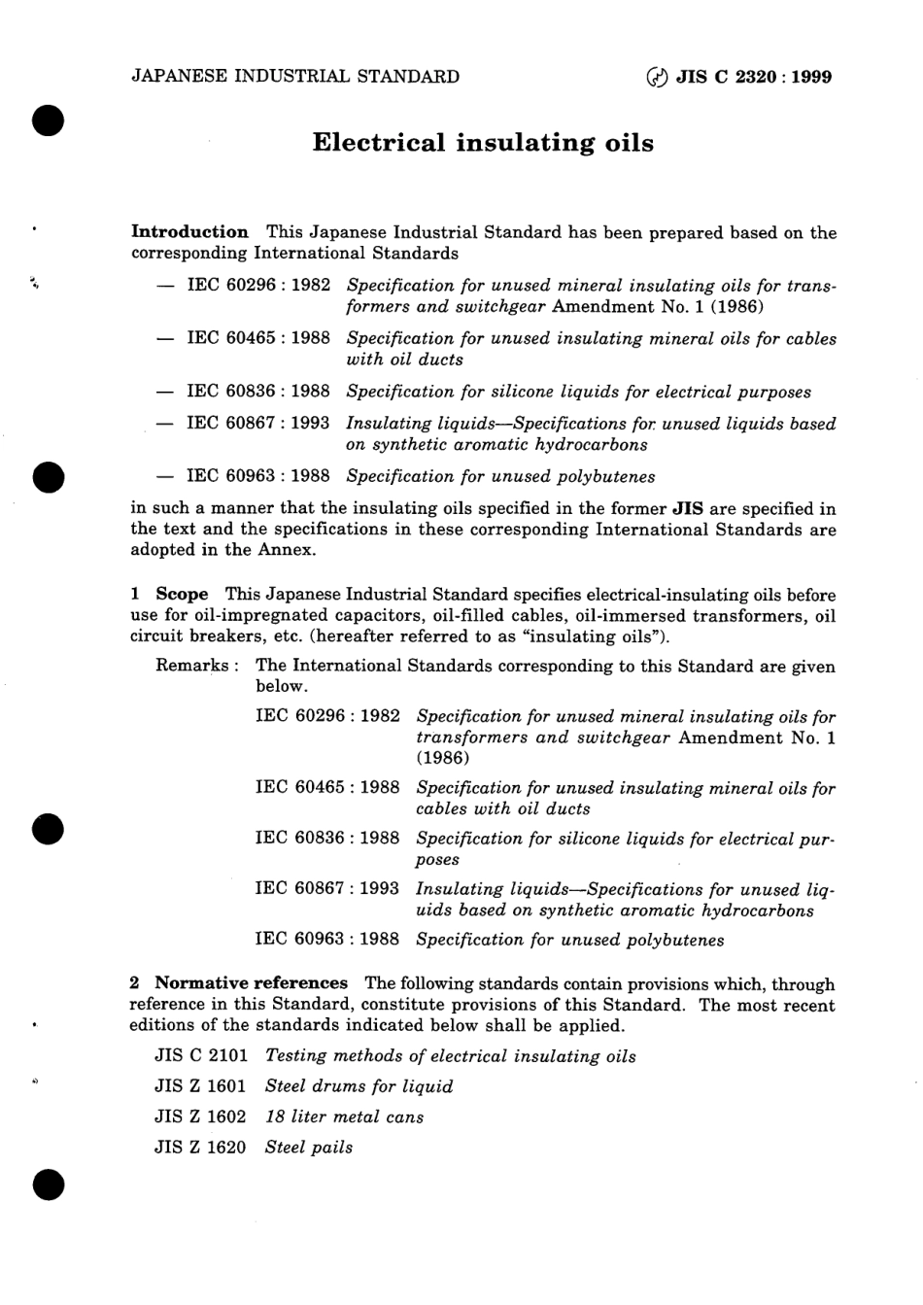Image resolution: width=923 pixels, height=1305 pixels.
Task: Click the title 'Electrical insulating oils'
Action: (x=483, y=143)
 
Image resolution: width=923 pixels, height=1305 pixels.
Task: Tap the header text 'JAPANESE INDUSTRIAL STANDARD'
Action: (x=294, y=77)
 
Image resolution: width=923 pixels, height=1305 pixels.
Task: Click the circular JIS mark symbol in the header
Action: (x=658, y=78)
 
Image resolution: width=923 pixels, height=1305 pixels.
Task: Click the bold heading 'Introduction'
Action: (x=189, y=232)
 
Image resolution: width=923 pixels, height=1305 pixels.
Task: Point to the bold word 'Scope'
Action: (x=182, y=594)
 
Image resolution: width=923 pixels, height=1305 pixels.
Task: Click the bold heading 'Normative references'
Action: (x=251, y=983)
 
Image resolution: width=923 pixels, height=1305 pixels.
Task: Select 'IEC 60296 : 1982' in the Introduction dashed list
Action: (x=258, y=286)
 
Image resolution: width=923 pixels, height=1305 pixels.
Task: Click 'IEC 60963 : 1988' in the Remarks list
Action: (x=327, y=939)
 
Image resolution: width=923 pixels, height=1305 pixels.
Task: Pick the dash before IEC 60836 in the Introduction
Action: (x=167, y=392)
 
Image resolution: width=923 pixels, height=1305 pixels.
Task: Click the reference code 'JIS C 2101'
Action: (x=201, y=1055)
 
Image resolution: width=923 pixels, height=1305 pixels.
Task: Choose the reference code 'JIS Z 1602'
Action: (x=201, y=1116)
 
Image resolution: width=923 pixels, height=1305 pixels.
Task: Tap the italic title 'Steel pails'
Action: (x=309, y=1147)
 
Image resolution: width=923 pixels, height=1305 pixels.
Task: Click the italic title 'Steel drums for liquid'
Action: (x=359, y=1086)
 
